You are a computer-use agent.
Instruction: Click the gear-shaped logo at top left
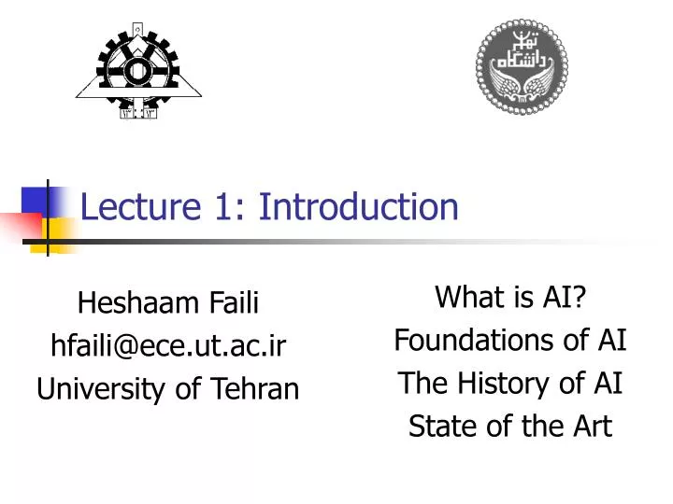pos(139,70)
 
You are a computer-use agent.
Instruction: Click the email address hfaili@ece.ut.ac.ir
pos(168,345)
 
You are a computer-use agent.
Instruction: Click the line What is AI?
pos(509,298)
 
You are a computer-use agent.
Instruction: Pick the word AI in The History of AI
pos(609,384)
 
